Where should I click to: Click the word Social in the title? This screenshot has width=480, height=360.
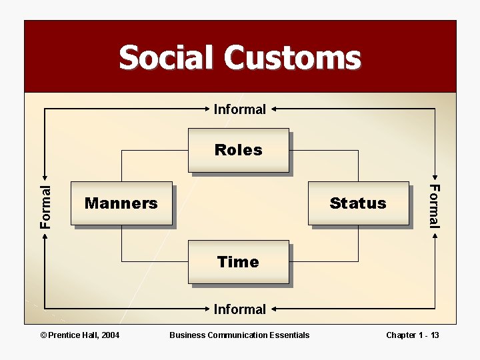pos(168,57)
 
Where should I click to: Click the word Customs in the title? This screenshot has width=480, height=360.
pos(292,57)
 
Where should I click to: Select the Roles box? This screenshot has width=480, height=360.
pos(239,150)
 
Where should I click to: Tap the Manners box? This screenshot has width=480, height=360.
pos(121,203)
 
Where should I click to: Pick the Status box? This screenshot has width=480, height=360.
pos(359,203)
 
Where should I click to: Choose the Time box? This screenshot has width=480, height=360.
pos(239,262)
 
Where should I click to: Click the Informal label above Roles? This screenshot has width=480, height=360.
pos(239,109)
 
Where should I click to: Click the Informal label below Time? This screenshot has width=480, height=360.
pos(239,309)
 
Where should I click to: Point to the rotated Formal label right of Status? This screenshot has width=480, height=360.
pos(434,206)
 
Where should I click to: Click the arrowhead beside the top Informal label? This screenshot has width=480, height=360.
pos(274,109)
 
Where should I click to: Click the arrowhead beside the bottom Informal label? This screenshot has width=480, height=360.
pos(274,309)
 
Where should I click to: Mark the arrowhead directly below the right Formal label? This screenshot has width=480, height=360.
pos(435,235)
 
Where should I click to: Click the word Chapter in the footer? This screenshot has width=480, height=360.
pos(401,335)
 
